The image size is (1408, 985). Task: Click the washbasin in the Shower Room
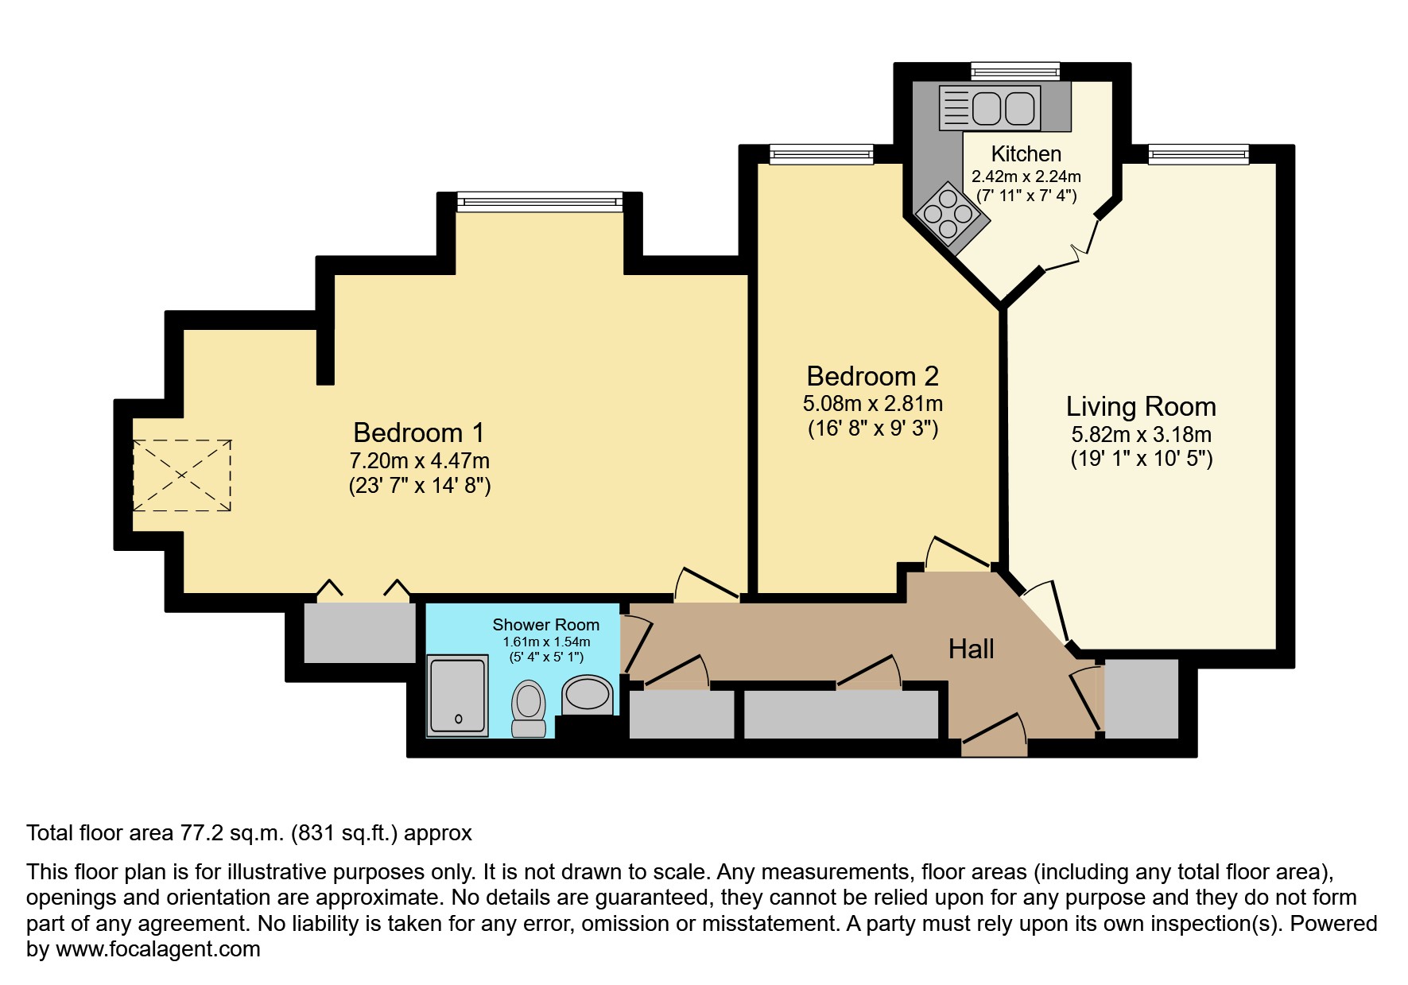click(x=588, y=694)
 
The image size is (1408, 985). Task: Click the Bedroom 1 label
click(x=418, y=432)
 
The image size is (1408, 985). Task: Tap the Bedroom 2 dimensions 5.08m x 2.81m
click(x=873, y=404)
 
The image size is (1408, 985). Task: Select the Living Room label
click(x=1141, y=406)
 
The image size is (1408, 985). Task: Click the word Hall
click(x=971, y=650)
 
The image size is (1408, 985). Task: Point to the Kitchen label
click(x=1026, y=153)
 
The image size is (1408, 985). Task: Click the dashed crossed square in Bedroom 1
click(x=182, y=475)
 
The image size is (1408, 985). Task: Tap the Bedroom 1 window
click(x=540, y=202)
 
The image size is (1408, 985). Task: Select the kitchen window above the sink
click(x=1015, y=72)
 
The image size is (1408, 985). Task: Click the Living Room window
click(x=1198, y=154)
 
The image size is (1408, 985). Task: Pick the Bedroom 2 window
click(x=821, y=154)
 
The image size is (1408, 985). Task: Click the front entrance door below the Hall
click(x=994, y=735)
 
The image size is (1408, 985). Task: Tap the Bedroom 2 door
click(x=958, y=554)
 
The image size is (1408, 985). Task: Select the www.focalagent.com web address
click(x=158, y=949)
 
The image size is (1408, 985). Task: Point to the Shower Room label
click(x=545, y=625)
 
